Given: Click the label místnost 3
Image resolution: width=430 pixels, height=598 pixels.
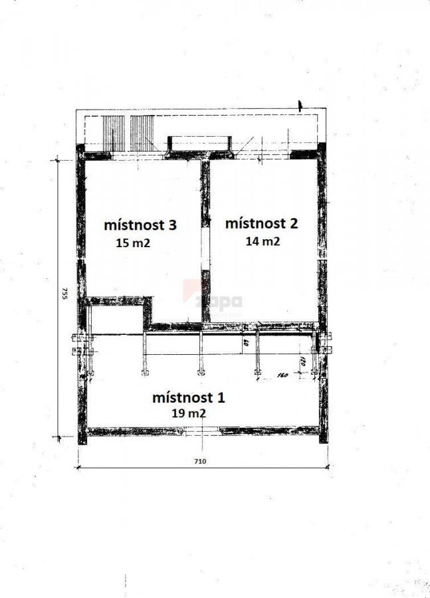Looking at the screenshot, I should point(140,225).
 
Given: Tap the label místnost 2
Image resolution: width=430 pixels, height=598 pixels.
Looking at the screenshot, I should point(261,223).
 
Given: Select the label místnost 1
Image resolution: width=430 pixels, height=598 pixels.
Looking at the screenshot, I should point(189,398).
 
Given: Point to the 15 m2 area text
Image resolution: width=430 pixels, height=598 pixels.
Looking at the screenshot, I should point(133,243).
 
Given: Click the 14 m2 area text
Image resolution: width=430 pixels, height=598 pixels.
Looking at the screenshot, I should point(263,241).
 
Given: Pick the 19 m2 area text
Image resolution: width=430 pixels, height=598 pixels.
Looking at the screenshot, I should point(188,413).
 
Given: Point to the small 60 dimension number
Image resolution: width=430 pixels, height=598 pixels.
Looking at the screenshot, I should point(245,344).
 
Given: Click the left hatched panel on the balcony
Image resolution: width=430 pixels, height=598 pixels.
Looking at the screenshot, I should point(114,133).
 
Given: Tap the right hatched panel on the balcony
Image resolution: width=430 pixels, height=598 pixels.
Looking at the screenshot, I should point(142,133).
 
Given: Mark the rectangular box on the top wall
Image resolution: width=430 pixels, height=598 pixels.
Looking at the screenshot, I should point(199,144).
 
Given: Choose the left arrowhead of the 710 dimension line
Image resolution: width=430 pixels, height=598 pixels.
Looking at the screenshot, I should point(78,467).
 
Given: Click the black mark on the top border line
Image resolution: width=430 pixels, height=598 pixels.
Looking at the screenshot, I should point(300,105).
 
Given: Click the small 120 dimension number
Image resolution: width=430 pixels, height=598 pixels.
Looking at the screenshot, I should point(302,363).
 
